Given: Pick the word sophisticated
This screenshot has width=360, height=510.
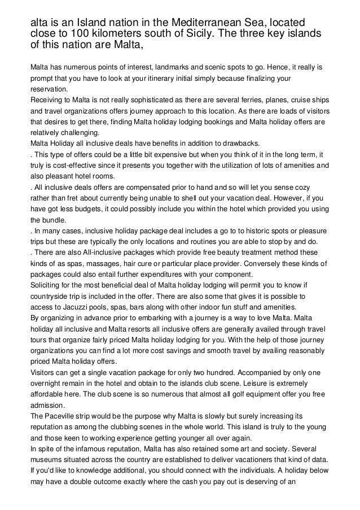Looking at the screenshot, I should [143, 100].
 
